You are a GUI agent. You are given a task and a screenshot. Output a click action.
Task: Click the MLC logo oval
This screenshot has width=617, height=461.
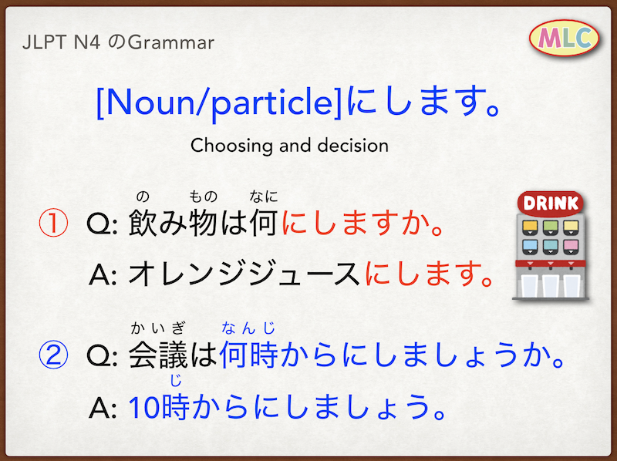[564, 38]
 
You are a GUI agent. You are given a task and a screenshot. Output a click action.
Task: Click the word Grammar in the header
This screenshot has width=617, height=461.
[170, 42]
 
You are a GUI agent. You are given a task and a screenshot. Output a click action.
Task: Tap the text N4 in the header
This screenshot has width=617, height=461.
[87, 42]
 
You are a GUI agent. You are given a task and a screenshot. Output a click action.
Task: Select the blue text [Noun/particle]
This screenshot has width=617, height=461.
[220, 103]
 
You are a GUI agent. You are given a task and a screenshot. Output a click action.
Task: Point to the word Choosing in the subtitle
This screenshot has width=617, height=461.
[231, 146]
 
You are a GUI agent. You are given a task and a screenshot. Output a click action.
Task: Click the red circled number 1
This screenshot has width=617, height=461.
[53, 223]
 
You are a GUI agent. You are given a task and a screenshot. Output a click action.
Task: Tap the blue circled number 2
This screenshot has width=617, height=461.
[53, 355]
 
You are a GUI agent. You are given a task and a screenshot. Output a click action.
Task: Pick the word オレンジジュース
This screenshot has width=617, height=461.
[244, 274]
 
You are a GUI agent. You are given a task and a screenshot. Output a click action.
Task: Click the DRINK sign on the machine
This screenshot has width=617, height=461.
[550, 203]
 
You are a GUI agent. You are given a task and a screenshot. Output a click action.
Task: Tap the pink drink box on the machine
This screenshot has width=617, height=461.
[571, 246]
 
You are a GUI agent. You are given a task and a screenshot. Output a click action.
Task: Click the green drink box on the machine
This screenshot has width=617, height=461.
[551, 227]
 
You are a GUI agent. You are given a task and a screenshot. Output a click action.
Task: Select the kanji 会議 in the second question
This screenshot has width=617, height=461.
[158, 355]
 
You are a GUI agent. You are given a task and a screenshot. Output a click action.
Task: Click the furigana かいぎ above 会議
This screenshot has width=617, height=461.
[158, 328]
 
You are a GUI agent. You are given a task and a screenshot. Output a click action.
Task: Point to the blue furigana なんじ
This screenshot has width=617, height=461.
[248, 328]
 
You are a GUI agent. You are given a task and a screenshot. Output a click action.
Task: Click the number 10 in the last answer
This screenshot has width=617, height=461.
[144, 408]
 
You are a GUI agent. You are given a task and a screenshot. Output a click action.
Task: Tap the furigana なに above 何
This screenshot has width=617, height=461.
[264, 197]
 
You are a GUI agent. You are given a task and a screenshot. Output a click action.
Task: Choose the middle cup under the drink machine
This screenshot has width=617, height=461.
[551, 285]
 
